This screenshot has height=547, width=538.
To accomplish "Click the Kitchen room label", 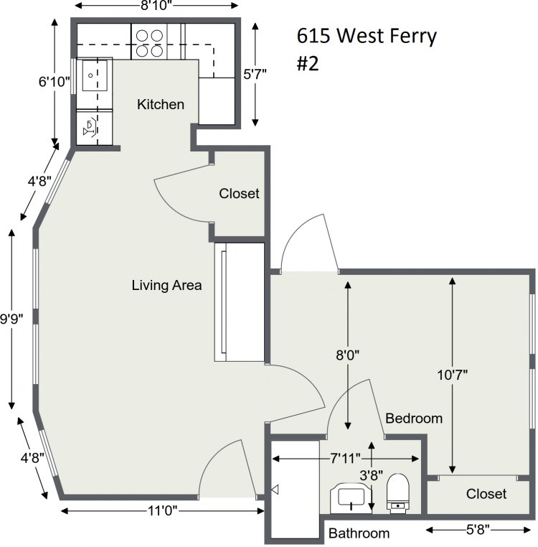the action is [x=161, y=104].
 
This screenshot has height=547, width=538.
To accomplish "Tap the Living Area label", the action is [x=166, y=286].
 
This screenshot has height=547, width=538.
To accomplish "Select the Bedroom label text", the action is [x=414, y=418].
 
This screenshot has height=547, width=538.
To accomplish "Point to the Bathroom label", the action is [x=359, y=533].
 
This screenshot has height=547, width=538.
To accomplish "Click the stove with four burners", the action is [x=149, y=43].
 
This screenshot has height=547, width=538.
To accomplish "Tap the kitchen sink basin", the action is [x=95, y=75].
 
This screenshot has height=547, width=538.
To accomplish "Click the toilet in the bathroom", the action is [x=398, y=493].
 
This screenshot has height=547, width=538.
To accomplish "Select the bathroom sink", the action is [x=351, y=497].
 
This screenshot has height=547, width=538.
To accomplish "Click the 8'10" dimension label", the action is [x=156, y=6].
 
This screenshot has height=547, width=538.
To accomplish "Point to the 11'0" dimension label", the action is [x=163, y=511].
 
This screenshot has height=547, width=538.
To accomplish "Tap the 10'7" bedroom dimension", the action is [x=452, y=375].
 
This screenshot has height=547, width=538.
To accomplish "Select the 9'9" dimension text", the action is [x=11, y=319].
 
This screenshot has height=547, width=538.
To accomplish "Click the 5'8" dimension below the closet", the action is [x=478, y=530].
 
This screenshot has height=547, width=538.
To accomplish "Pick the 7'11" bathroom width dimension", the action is [x=345, y=459].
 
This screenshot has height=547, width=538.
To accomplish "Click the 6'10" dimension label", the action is [x=54, y=82].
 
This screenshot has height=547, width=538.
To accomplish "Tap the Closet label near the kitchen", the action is [x=239, y=194].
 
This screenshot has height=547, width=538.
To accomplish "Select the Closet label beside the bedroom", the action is [x=486, y=494].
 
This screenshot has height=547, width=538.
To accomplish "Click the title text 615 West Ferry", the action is [x=367, y=36].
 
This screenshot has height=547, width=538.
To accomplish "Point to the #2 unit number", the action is [x=308, y=64].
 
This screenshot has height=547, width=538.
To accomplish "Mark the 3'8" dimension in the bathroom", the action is [x=371, y=475].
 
